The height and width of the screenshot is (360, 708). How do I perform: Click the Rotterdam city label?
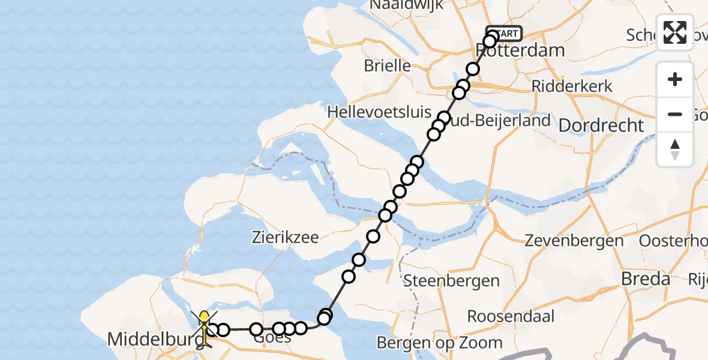click(x=521, y=50)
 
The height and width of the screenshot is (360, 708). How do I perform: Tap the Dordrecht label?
click(x=601, y=125)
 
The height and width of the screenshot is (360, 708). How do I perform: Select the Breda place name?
click(x=646, y=279)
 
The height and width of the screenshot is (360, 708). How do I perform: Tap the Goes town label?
click(x=273, y=338)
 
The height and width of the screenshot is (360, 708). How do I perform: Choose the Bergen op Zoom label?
click(x=440, y=343)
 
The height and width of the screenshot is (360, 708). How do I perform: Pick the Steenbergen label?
click(x=451, y=280)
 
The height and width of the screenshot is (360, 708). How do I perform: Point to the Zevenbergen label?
click(x=574, y=241)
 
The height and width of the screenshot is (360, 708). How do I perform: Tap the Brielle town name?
click(x=388, y=65)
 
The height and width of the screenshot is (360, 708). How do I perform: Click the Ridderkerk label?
click(x=572, y=86)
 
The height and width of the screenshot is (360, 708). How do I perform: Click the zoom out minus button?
click(x=675, y=114)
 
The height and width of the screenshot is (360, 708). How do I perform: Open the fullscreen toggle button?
click(x=675, y=32)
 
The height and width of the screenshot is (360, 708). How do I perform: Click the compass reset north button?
click(x=675, y=149)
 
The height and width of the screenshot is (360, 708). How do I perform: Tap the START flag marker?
click(x=504, y=34)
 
